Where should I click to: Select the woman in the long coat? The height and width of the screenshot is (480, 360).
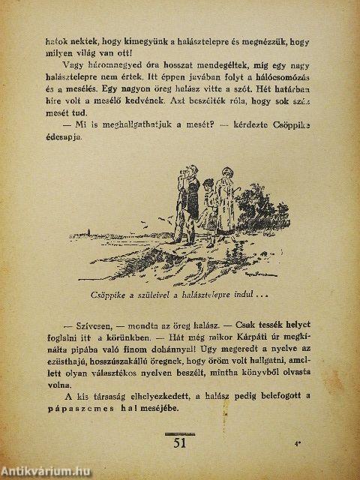tap(222, 202)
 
